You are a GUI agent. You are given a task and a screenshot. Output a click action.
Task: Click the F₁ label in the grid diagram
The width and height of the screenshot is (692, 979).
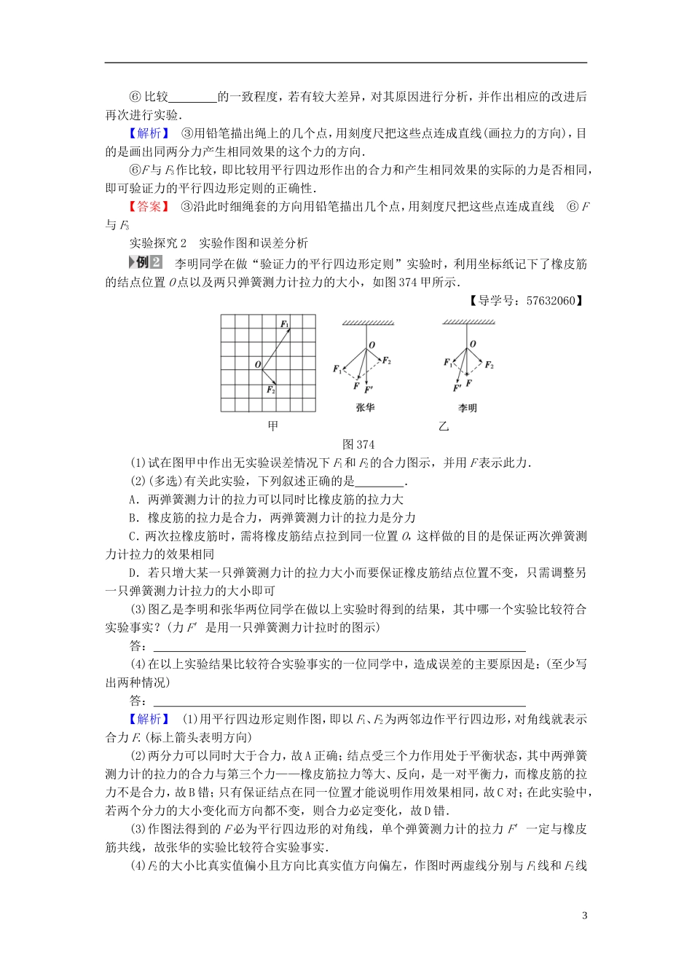285,323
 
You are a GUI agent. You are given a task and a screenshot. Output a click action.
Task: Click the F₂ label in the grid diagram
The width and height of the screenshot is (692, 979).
270,390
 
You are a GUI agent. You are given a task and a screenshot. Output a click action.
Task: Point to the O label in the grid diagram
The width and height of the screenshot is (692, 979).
258,364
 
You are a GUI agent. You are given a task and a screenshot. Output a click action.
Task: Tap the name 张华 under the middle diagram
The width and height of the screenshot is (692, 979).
365,407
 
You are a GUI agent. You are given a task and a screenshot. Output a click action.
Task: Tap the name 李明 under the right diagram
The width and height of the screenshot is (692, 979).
467,408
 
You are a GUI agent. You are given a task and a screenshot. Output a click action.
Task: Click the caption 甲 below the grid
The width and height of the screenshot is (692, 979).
272,426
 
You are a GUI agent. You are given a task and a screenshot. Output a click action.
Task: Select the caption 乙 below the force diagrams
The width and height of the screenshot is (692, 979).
443,426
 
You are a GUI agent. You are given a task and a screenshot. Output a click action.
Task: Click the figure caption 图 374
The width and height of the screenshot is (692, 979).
358,444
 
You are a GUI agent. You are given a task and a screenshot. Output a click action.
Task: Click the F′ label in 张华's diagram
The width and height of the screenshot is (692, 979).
369,389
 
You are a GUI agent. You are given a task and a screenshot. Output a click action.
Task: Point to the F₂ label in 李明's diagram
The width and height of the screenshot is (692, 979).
489,365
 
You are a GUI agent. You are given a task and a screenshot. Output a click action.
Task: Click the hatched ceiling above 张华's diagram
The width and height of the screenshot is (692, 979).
368,323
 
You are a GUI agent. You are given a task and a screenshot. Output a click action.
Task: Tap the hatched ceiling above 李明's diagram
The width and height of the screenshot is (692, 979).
468,322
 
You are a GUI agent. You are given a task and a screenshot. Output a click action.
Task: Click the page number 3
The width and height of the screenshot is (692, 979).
584,916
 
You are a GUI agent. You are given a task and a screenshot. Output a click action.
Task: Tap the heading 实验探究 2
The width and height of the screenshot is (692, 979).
158,243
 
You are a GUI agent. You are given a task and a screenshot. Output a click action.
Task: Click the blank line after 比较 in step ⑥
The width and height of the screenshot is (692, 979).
193,97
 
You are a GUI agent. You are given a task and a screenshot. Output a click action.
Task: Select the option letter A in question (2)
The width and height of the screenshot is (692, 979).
133,500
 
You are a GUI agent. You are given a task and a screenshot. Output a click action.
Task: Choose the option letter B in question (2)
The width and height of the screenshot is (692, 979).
133,518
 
